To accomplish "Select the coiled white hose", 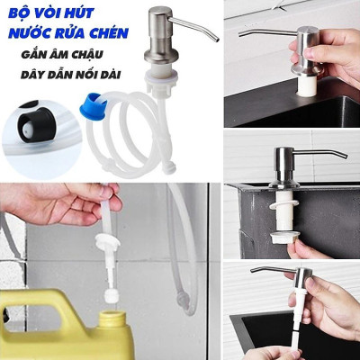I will pyautogui.click(x=135, y=135).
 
